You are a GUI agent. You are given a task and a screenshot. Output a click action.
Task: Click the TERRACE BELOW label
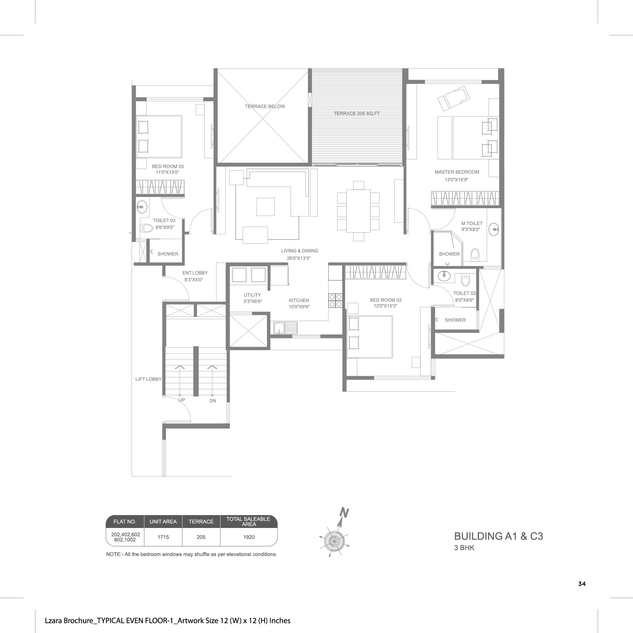point(265,107)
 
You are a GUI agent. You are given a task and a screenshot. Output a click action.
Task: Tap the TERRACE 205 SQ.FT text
point(356,114)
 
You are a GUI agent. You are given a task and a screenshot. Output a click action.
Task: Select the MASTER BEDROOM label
point(457,172)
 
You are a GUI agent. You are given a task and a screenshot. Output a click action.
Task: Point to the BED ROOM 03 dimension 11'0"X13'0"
point(168,172)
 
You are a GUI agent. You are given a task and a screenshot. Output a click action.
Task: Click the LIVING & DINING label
point(299,251)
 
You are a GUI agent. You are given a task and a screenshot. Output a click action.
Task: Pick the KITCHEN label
point(299,300)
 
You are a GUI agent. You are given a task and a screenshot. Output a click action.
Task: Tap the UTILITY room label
point(252,295)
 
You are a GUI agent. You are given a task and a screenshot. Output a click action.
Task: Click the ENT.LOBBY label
point(195,273)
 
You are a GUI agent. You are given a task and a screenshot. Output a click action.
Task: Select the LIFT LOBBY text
point(148,379)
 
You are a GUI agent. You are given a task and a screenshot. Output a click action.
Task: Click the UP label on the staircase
point(182,400)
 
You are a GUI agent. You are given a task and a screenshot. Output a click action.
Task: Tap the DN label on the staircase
point(213,401)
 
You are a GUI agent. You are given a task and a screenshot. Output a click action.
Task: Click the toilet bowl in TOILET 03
point(147,228)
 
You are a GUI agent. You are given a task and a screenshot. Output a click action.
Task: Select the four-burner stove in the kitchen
point(335,301)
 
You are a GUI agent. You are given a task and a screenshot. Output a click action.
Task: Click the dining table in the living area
point(358,211)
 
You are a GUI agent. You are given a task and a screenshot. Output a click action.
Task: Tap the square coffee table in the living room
point(265,207)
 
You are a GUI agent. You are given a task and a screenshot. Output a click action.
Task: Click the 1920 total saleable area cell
point(249,537)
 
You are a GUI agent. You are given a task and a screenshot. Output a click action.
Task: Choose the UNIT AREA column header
point(163,522)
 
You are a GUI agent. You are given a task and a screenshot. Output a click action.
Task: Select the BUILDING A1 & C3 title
point(498,536)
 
